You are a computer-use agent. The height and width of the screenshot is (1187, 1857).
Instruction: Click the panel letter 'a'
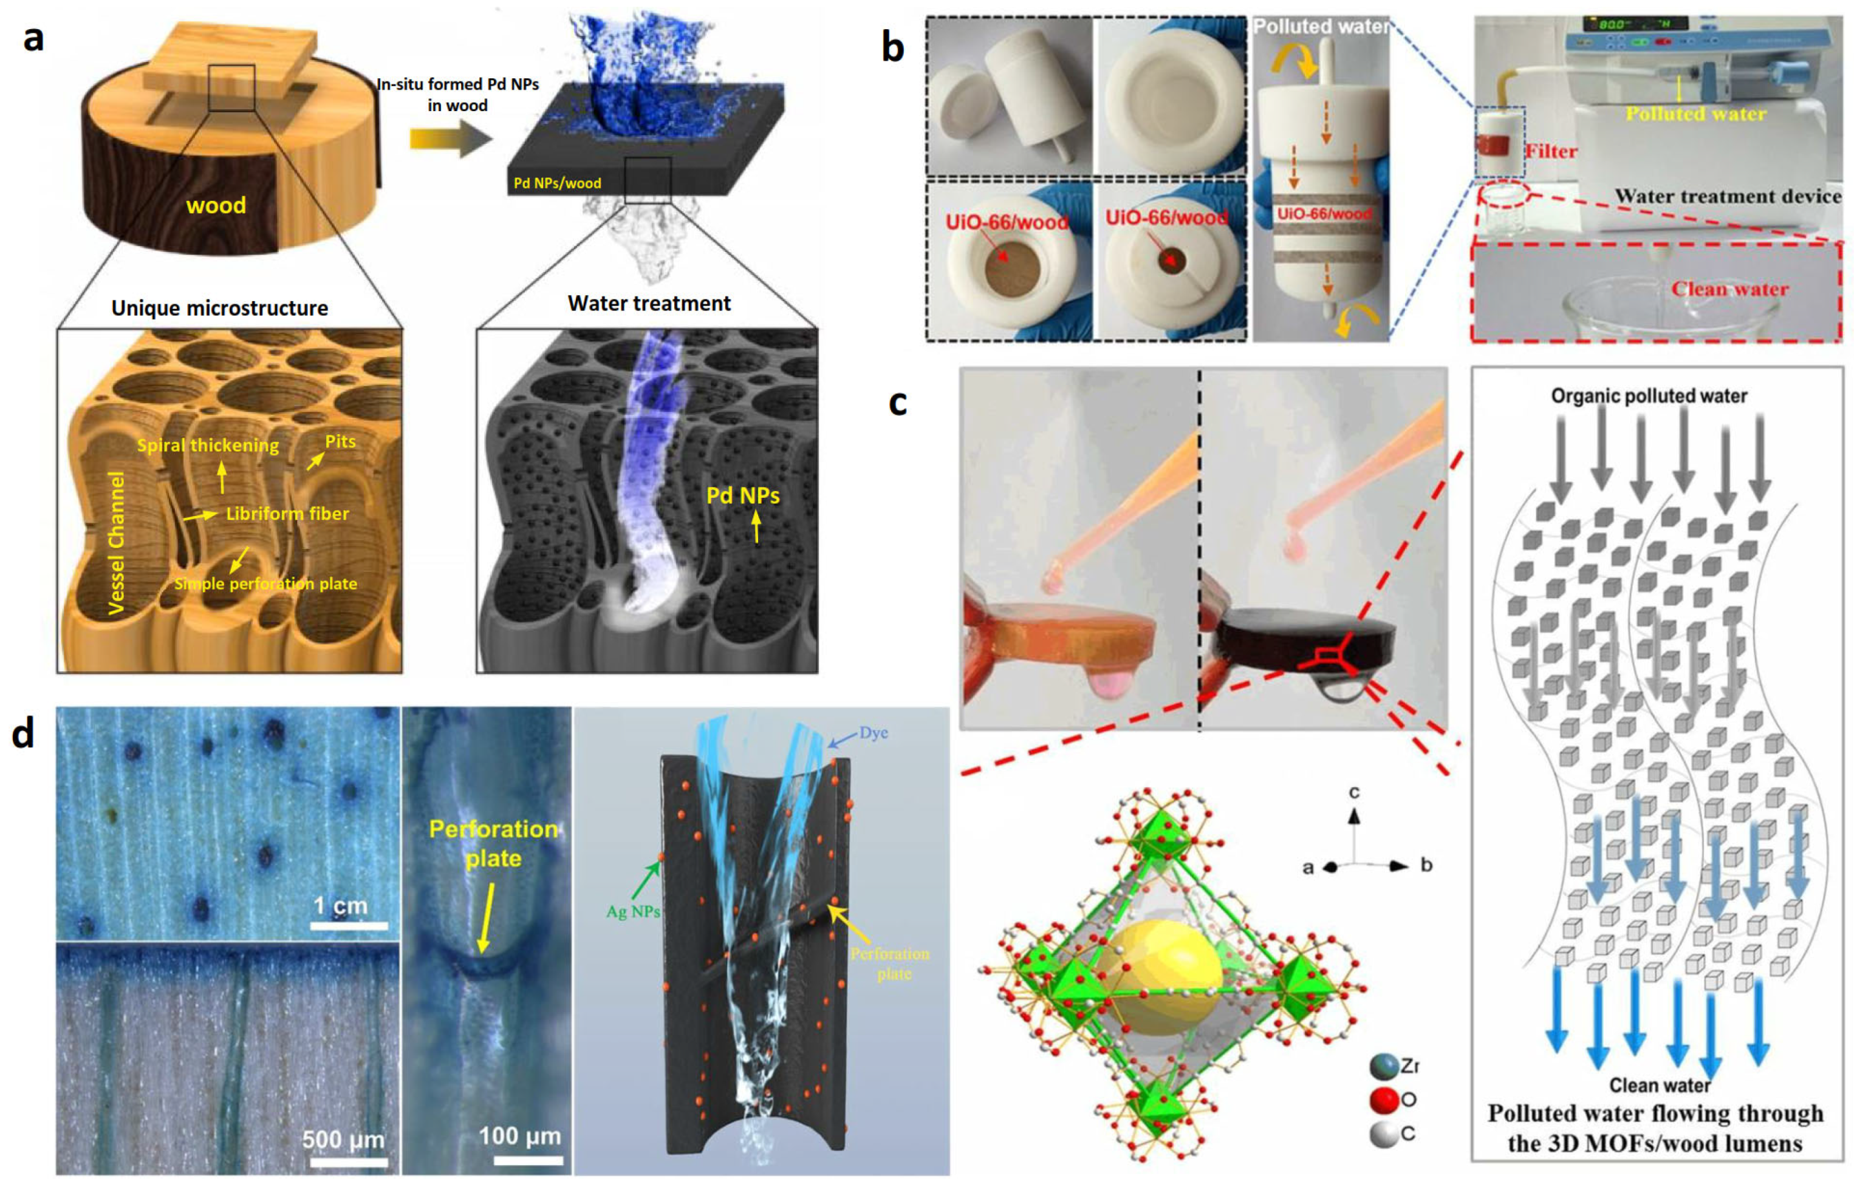32,38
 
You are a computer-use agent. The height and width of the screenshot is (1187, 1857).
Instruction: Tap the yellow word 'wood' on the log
216,205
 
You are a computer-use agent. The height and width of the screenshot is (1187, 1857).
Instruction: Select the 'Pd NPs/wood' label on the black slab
557,183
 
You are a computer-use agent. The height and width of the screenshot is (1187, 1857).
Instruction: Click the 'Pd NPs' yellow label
743,495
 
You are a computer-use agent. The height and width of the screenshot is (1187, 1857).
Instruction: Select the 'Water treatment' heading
649,303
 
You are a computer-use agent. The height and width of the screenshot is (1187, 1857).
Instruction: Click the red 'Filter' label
1551,151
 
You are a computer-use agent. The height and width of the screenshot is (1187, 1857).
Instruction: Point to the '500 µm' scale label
343,1138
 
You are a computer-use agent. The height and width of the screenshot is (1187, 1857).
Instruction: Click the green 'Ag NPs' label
632,911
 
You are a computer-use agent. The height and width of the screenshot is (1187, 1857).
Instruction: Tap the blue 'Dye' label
873,732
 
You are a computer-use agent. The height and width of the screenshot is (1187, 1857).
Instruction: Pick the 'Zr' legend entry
1409,1066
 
